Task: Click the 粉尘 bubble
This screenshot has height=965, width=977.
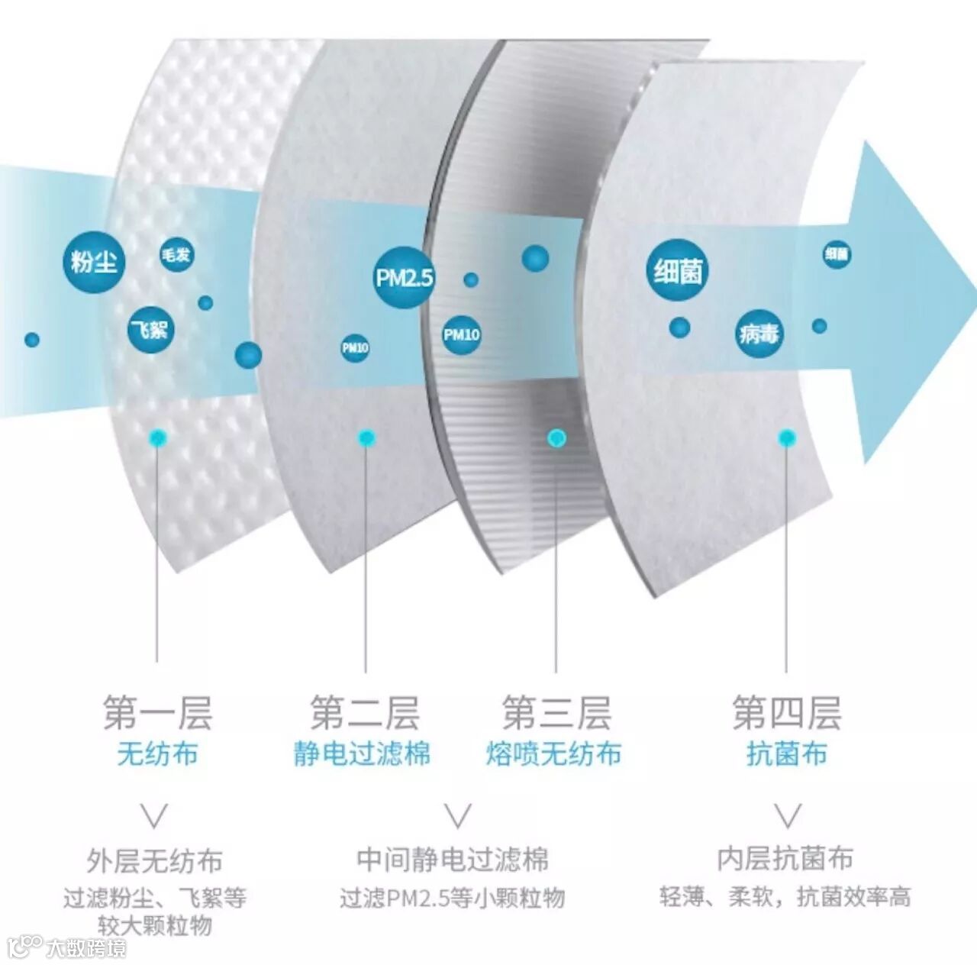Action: click(93, 263)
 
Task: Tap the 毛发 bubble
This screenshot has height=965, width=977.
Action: click(176, 255)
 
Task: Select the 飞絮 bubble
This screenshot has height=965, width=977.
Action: click(150, 330)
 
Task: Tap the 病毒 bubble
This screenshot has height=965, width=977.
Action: click(759, 334)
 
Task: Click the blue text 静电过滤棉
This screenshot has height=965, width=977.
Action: click(363, 754)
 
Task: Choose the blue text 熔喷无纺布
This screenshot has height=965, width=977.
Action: click(554, 754)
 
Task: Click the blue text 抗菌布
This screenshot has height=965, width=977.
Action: click(786, 754)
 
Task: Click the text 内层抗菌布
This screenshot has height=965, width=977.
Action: click(785, 859)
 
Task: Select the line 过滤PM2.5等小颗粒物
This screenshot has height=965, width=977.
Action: click(453, 898)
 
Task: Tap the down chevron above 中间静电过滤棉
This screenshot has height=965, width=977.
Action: click(458, 816)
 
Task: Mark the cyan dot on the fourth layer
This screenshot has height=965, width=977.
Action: click(787, 438)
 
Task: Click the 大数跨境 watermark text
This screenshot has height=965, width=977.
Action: click(85, 948)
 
